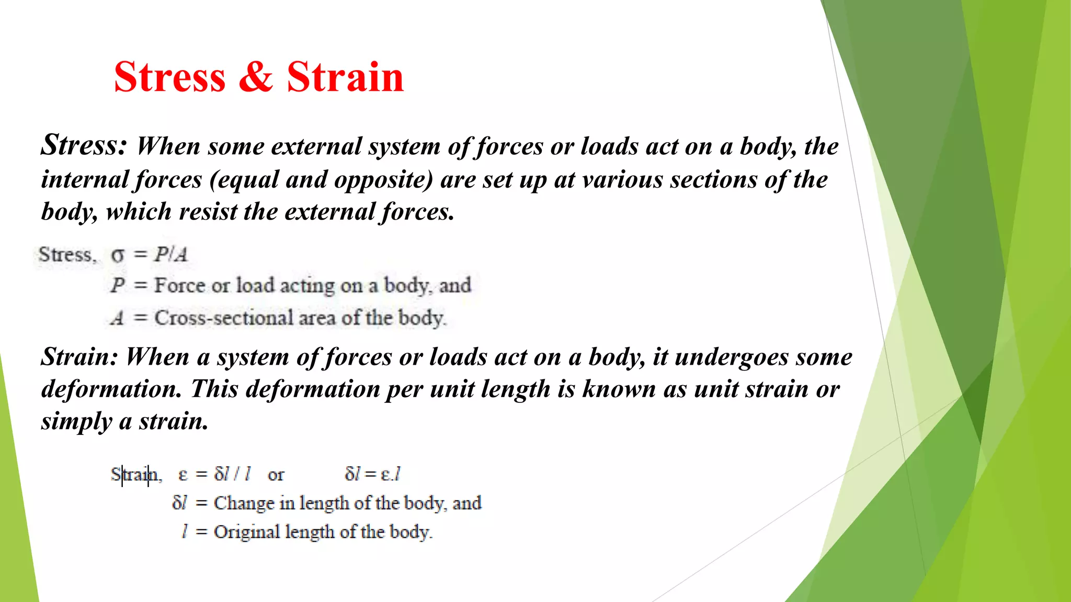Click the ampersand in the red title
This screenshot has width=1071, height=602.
pyautogui.click(x=256, y=77)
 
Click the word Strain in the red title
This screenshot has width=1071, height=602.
pyautogui.click(x=345, y=77)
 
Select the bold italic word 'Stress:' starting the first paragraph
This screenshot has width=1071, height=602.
pyautogui.click(x=84, y=145)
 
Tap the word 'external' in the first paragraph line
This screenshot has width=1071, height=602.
pyautogui.click(x=316, y=146)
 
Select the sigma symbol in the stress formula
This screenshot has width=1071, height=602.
pyautogui.click(x=118, y=256)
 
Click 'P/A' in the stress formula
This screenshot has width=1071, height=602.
pyautogui.click(x=170, y=254)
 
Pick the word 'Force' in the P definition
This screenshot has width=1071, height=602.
pyautogui.click(x=179, y=285)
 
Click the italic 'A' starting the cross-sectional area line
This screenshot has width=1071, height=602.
pyautogui.click(x=118, y=318)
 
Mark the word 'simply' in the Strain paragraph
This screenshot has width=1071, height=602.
pyautogui.click(x=76, y=421)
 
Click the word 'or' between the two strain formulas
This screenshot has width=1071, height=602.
pyautogui.click(x=276, y=474)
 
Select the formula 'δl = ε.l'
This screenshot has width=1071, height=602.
pyautogui.click(x=372, y=474)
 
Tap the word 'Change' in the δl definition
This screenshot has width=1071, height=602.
pyautogui.click(x=244, y=503)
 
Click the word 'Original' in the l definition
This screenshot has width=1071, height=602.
pyautogui.click(x=247, y=532)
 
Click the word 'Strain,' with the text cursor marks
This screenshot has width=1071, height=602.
pyautogui.click(x=136, y=474)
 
